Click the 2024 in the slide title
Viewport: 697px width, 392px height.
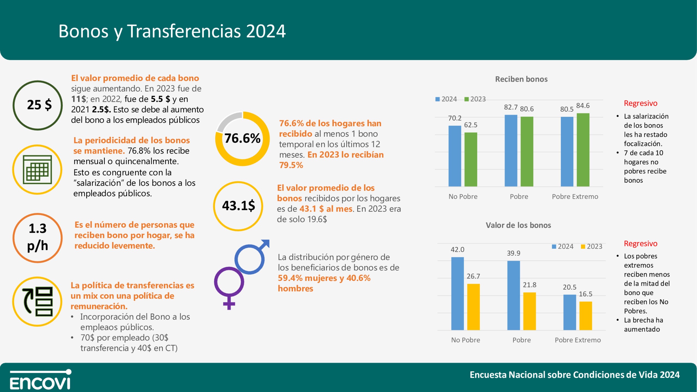266,31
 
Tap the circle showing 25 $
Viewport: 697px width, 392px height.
38,105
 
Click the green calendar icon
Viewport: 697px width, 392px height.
37,170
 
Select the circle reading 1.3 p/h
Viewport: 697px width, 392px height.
38,238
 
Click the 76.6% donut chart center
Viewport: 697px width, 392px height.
242,138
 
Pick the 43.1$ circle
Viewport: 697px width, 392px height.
238,206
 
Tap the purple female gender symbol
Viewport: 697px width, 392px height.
229,286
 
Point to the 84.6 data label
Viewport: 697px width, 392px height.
583,106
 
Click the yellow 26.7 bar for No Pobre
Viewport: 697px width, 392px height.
473,307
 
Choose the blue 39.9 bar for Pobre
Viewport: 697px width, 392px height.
513,295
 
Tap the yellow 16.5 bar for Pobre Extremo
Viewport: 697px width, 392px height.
586,316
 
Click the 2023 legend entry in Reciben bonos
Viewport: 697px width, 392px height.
475,99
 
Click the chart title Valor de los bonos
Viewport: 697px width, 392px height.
518,225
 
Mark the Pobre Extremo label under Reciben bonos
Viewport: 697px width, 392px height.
575,197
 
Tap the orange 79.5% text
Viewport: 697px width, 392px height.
291,165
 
